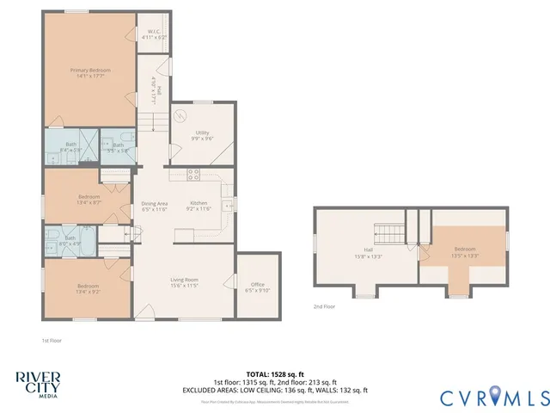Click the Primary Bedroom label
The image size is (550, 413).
tap(89, 73)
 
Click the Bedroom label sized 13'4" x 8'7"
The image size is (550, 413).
tap(87, 200)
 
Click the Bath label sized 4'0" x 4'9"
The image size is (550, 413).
tap(70, 240)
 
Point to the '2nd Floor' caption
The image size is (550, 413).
tap(324, 306)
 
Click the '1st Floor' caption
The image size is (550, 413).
tap(52, 340)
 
